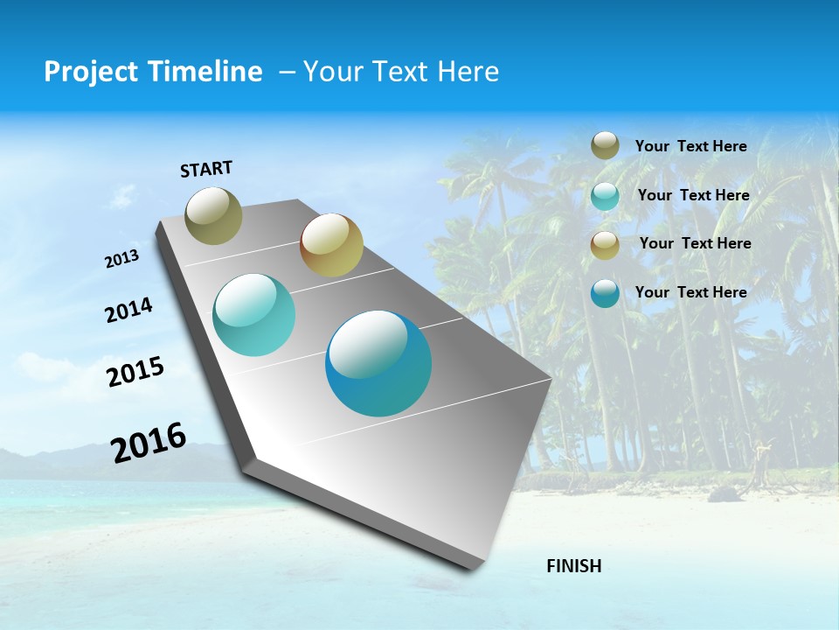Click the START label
[x=206, y=169]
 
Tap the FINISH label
[x=573, y=565]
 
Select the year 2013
[x=121, y=259]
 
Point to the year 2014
[x=128, y=311]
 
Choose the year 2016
[x=149, y=443]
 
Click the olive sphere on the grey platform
[x=214, y=215]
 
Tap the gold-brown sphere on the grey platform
[x=331, y=245]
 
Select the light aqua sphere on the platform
[x=253, y=315]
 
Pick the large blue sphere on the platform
[x=378, y=363]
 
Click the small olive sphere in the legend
[x=605, y=145]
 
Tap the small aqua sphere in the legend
[x=605, y=195]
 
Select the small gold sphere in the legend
[x=605, y=244]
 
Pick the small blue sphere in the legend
[x=605, y=293]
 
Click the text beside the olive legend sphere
[x=690, y=146]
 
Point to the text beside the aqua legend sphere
[x=693, y=195]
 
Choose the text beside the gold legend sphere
[x=695, y=243]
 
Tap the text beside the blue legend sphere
[x=690, y=292]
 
